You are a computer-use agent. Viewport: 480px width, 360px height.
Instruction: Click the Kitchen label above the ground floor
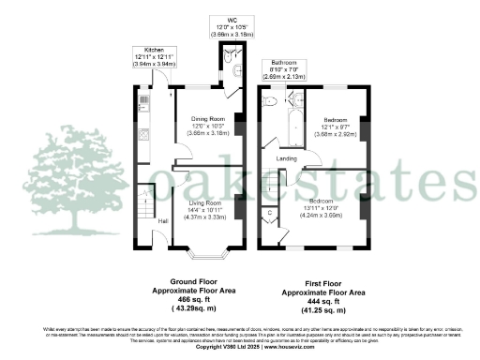154,49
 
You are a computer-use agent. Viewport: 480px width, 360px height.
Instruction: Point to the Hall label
163,220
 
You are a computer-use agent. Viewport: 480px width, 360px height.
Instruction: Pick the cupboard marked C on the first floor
271,215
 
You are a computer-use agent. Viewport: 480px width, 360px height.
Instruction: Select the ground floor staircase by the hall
144,199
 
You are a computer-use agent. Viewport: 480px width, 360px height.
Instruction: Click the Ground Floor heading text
194,281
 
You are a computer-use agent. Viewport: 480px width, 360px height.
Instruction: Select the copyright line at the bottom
240,346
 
